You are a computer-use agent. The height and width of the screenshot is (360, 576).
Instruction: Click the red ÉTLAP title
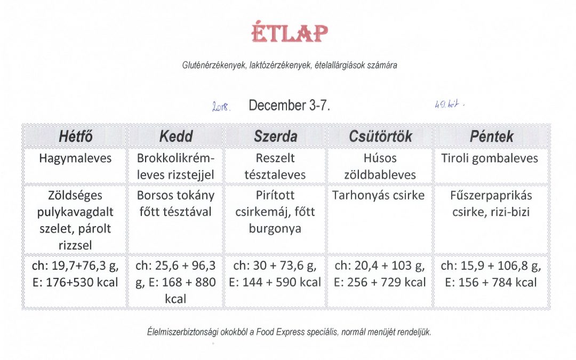(290, 33)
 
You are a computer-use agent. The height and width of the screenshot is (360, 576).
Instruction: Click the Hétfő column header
(75, 137)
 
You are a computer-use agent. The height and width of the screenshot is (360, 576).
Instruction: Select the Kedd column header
(176, 137)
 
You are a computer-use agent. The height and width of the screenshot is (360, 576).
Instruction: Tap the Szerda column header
(276, 137)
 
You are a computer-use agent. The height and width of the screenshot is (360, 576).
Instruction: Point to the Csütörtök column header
(380, 137)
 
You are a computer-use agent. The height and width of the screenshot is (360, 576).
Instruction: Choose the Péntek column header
(492, 137)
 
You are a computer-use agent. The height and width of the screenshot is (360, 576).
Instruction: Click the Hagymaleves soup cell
(75, 158)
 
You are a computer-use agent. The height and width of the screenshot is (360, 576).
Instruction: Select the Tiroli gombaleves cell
(490, 158)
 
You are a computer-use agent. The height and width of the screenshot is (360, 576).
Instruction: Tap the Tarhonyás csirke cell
(378, 195)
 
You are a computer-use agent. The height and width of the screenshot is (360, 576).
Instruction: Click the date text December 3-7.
(290, 106)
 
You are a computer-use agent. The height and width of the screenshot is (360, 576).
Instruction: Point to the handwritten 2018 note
(221, 107)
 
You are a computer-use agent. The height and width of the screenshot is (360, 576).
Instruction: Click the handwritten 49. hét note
(449, 105)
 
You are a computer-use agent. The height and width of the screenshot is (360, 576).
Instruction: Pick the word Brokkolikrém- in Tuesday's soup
(175, 158)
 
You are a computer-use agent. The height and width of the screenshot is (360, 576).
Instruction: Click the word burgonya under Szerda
(275, 228)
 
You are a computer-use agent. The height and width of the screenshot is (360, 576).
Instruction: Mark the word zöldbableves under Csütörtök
(380, 175)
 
